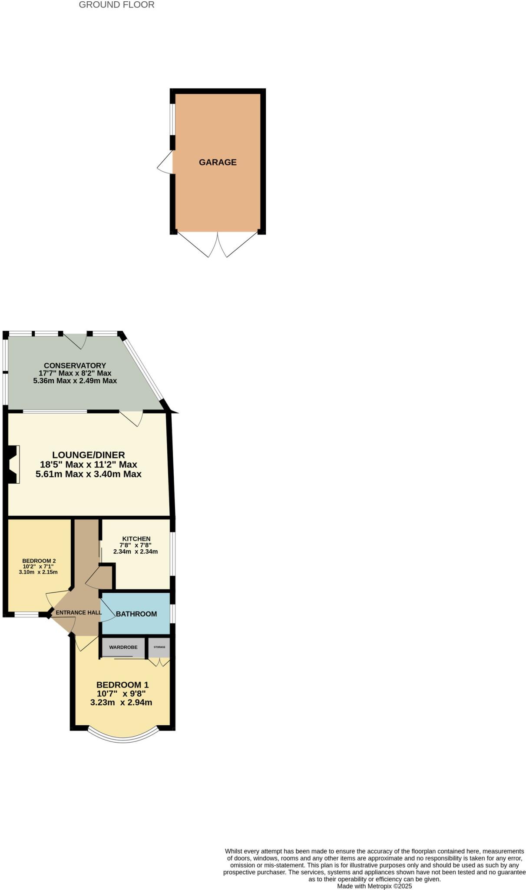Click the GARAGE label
(x=218, y=162)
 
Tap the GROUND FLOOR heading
(x=116, y=5)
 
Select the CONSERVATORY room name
(x=75, y=365)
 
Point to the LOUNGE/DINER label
(x=89, y=455)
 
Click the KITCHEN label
(x=136, y=539)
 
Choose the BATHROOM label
(x=136, y=614)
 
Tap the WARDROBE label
(x=123, y=647)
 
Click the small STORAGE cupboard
(x=159, y=647)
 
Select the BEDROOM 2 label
(x=39, y=561)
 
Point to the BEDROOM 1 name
(x=122, y=685)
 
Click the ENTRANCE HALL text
(x=79, y=613)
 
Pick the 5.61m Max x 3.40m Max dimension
(x=89, y=474)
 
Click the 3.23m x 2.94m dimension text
(x=121, y=702)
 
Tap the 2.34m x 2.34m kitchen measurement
(x=136, y=551)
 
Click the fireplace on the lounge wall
(x=13, y=464)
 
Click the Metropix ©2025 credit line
(x=374, y=886)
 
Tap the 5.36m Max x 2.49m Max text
(x=75, y=381)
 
